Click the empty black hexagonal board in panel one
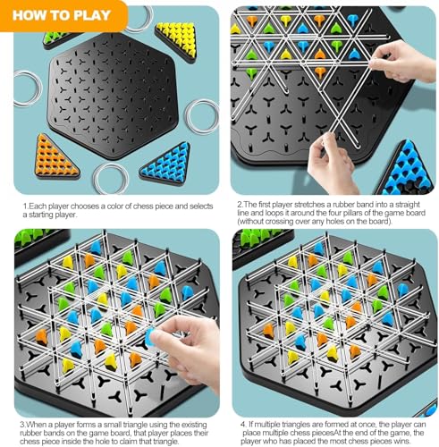coord(113,96)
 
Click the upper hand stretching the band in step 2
coord(401,61)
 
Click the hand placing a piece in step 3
coord(186,351)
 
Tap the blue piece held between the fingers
coord(149,337)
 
